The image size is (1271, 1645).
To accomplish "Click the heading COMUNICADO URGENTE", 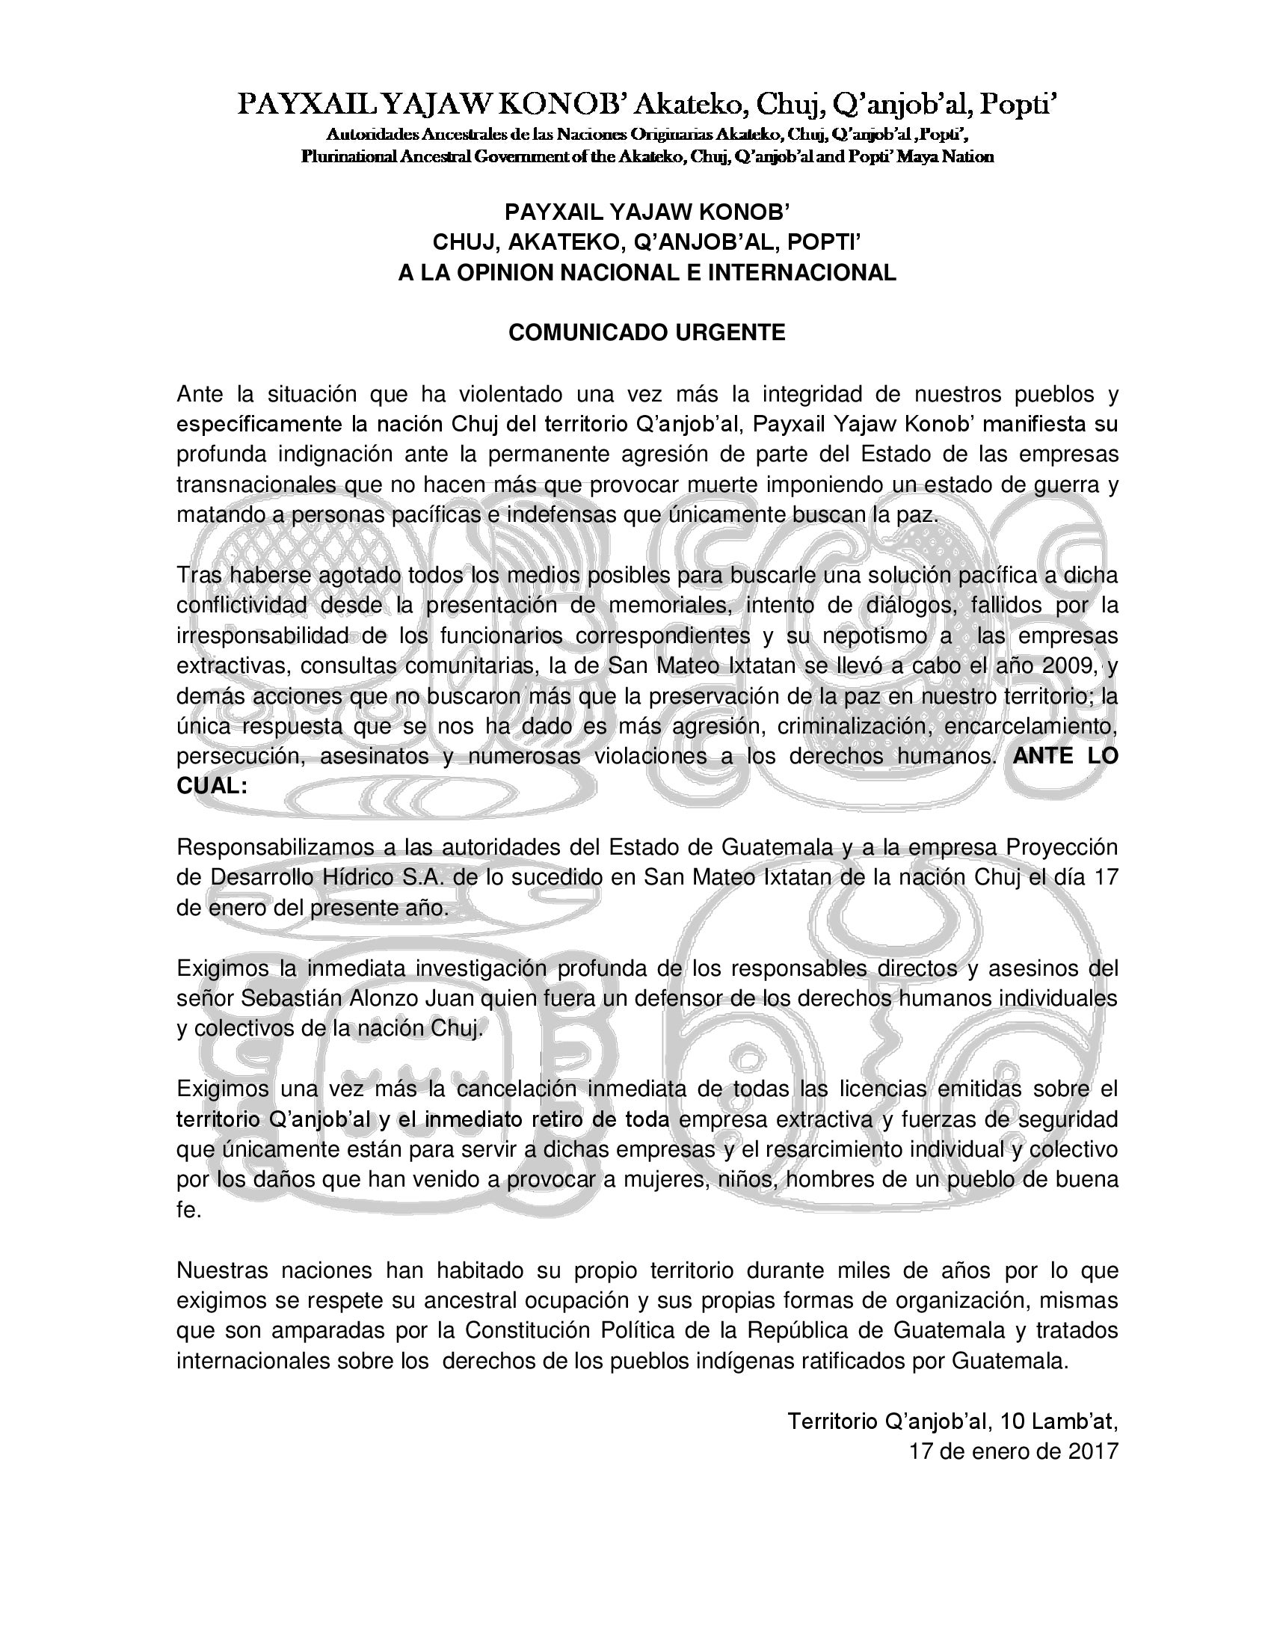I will (x=647, y=332).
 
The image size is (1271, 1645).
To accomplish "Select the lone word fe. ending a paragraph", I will (x=189, y=1210).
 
